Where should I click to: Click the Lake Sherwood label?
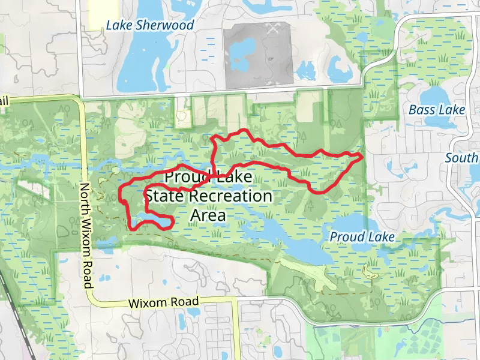[x=149, y=25]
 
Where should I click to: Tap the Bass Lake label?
[x=436, y=110]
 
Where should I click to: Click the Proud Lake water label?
[x=362, y=237]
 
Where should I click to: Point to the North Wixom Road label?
[x=88, y=235]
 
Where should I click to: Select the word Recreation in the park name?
[x=230, y=196]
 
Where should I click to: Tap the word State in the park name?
[x=164, y=196]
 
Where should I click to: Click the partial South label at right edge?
[x=462, y=158]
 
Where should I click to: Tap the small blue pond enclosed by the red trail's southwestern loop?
[x=154, y=223]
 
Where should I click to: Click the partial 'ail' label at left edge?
[x=5, y=102]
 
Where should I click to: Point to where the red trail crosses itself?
[x=213, y=176]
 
